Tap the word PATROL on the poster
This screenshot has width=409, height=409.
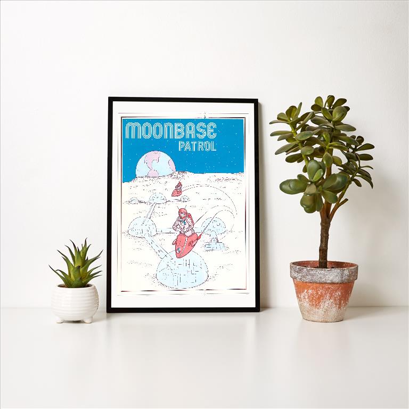coord(197,146)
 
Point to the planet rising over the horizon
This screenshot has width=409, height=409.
coord(154,164)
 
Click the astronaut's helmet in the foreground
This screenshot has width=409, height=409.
coord(184,216)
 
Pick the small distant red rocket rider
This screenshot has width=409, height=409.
coord(177,189)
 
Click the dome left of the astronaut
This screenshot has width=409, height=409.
coord(142,227)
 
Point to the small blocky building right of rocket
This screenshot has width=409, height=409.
coord(215,244)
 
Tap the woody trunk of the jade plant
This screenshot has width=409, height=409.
coord(323,240)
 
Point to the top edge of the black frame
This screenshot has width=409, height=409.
coord(183,99)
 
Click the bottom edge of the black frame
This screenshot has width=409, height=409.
coord(183,309)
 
